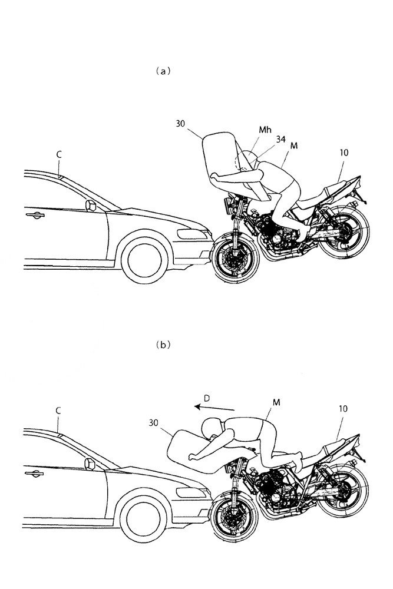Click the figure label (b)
[x=161, y=346]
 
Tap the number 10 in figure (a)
[x=344, y=152]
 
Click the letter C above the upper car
[x=60, y=153]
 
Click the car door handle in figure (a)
[x=34, y=216]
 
